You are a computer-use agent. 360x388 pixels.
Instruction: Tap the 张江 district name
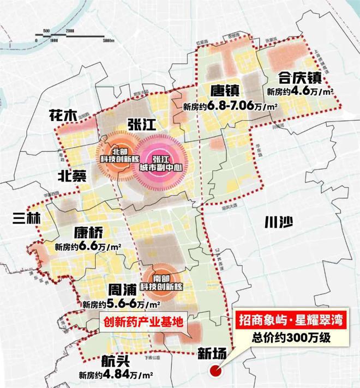140,125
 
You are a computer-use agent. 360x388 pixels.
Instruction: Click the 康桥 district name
88,233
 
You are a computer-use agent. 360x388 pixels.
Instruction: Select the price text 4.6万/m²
301,92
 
